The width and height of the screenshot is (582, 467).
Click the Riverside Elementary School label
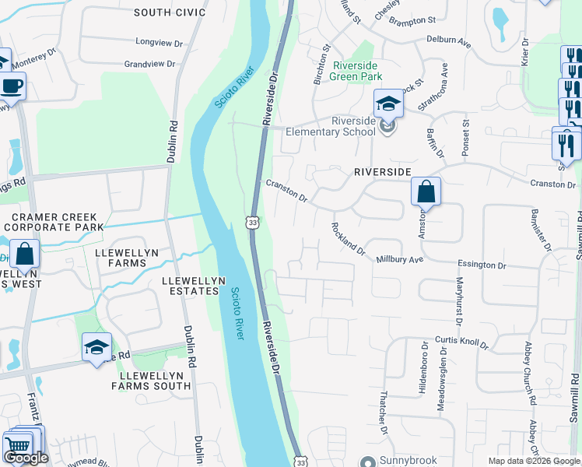pyautogui.click(x=342, y=126)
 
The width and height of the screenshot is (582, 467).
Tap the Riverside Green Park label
pyautogui.click(x=357, y=71)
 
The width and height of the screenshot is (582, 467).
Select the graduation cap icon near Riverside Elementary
pyautogui.click(x=388, y=103)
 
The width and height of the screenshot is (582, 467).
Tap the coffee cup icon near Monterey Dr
pyautogui.click(x=12, y=86)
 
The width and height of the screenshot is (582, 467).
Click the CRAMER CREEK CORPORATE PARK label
pyautogui.click(x=54, y=222)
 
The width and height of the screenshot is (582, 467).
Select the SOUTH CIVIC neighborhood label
pyautogui.click(x=170, y=12)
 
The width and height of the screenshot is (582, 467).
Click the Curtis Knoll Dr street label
pyautogui.click(x=461, y=343)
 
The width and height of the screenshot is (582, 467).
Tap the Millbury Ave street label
pyautogui.click(x=399, y=259)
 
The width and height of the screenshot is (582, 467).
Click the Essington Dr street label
pyautogui.click(x=482, y=265)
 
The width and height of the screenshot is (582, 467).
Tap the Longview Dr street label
pyautogui.click(x=158, y=41)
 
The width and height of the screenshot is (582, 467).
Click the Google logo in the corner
pyautogui.click(x=26, y=458)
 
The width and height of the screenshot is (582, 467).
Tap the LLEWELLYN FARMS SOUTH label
pyautogui.click(x=151, y=381)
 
